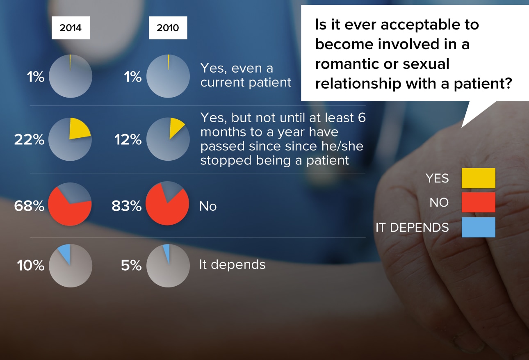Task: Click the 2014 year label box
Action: (x=71, y=27)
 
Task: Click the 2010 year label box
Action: (x=168, y=27)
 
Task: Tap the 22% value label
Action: (x=29, y=139)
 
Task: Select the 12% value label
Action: (x=128, y=139)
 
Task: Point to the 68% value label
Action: (x=29, y=205)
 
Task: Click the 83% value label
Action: (x=127, y=205)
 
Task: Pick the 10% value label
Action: (x=31, y=265)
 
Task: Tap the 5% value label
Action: (x=131, y=265)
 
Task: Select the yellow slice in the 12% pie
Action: (x=175, y=127)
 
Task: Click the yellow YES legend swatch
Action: (x=479, y=178)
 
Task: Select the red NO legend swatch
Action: (x=479, y=202)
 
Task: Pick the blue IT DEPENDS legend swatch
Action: (x=479, y=227)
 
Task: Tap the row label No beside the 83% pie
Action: (x=208, y=206)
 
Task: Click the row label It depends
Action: (x=233, y=264)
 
